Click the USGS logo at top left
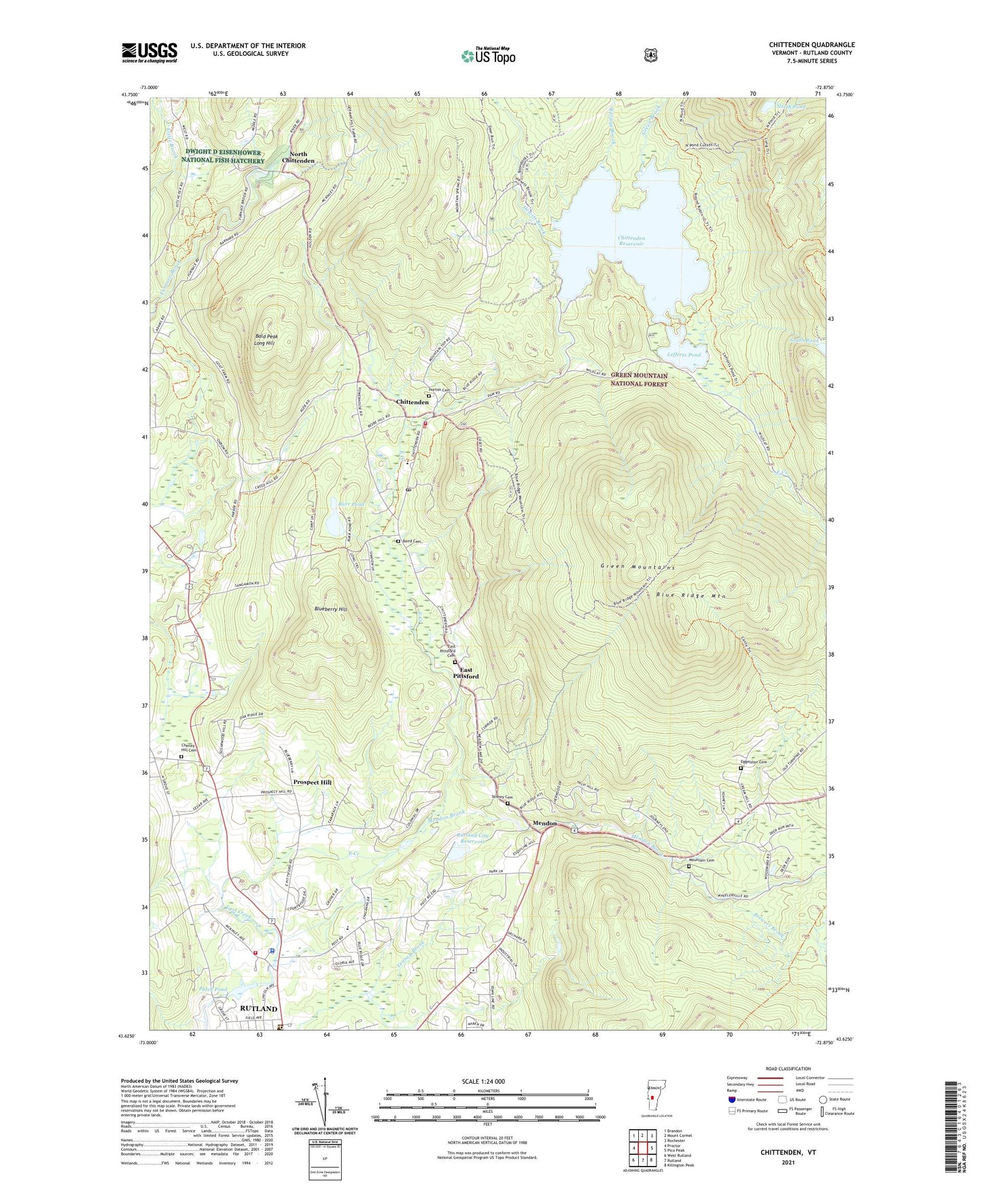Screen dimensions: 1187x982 [150, 52]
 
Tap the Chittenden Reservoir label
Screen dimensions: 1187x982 [631, 241]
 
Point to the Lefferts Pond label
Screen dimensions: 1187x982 [683, 355]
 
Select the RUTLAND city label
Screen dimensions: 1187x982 [258, 1008]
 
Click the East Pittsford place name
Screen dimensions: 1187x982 [466, 673]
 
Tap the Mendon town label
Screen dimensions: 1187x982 [544, 823]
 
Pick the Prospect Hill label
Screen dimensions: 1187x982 [312, 782]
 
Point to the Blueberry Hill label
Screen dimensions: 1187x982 [331, 609]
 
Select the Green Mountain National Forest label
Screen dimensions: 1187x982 [639, 379]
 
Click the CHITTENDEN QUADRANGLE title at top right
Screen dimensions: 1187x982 [811, 45]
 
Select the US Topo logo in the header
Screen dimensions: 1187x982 [488, 56]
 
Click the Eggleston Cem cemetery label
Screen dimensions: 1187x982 [754, 762]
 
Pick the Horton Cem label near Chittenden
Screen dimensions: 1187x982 [440, 390]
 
